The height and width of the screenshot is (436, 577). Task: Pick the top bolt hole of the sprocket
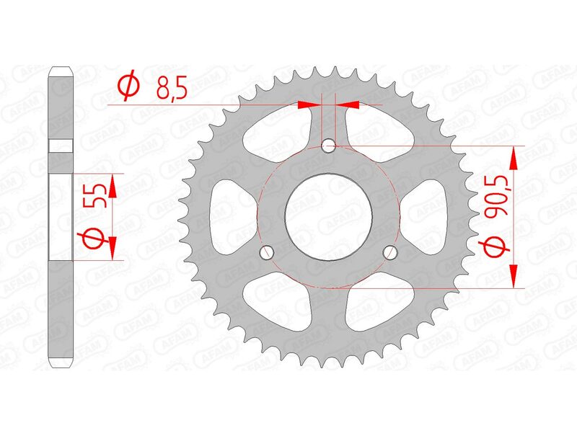pos(329,146)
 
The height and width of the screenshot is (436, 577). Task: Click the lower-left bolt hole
pos(268,252)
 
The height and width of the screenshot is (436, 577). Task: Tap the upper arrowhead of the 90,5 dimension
pos(514,156)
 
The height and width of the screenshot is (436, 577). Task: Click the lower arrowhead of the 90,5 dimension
pos(514,276)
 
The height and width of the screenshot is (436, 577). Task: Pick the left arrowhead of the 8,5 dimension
pos(309,105)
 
